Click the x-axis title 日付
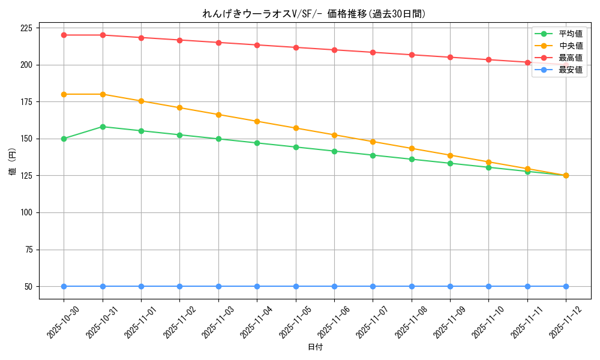pos(315,347)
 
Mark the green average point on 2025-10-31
pos(103,127)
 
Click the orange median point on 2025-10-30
pos(64,94)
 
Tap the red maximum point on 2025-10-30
pos(64,35)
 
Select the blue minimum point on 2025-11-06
pos(334,286)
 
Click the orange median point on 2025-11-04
pos(257,121)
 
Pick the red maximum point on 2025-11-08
pos(412,55)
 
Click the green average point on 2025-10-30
pos(64,139)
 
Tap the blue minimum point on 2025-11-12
pos(566,286)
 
